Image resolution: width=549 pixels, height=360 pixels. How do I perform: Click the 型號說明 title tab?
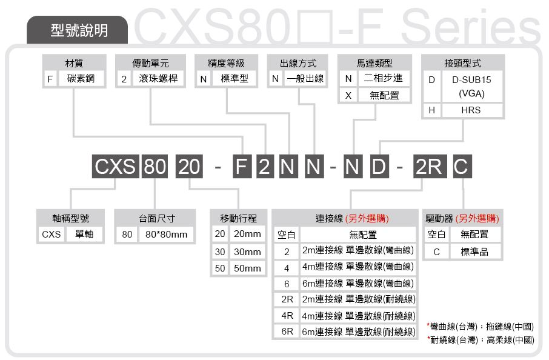[x=78, y=30]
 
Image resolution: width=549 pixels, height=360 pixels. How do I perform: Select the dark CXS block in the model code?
[x=116, y=166]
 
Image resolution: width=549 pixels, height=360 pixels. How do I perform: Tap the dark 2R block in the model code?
[x=430, y=166]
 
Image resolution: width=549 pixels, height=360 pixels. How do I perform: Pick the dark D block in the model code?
[x=379, y=166]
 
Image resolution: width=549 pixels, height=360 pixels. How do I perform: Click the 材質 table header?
[x=74, y=63]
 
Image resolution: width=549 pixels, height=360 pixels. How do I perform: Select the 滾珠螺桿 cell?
[x=158, y=78]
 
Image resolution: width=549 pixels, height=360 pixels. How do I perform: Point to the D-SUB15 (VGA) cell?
[x=472, y=87]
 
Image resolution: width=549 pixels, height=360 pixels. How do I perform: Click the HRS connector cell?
[x=472, y=110]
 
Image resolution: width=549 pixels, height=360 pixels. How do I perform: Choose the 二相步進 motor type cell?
[x=384, y=78]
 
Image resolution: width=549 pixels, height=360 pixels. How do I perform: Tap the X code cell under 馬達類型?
[x=348, y=95]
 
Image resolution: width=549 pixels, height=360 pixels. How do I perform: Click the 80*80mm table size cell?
[x=166, y=235]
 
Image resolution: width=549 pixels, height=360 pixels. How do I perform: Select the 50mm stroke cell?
[x=248, y=268]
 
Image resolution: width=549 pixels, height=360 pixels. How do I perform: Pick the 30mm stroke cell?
[x=248, y=252]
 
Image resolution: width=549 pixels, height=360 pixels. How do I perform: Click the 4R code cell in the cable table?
[x=287, y=316]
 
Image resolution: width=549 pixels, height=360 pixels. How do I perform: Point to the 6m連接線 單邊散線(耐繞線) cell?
[x=359, y=332]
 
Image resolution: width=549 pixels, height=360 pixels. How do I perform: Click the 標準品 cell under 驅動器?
[x=475, y=252]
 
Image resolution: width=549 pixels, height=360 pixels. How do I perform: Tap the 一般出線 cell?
[x=305, y=78]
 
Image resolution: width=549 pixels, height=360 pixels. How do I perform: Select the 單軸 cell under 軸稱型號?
[x=84, y=235]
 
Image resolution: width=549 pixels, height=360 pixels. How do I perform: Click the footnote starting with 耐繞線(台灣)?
[x=481, y=339]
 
